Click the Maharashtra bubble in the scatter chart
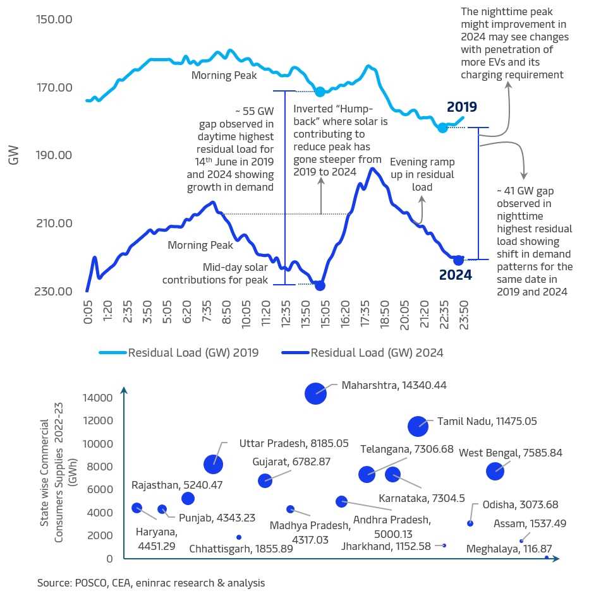coord(315,393)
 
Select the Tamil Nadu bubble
coord(418,426)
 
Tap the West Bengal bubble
coord(495,470)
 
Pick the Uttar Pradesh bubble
coord(214,464)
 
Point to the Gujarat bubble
coord(265,480)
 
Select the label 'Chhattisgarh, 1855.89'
coord(241,549)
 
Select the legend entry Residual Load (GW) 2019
coord(179,353)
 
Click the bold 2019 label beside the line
coord(461,107)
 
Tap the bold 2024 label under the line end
coord(456,275)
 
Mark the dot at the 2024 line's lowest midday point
coord(320,285)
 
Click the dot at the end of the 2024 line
coord(458,260)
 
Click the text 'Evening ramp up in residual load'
coord(422,174)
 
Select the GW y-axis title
coord(13,155)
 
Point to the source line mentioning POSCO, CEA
coord(150,583)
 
